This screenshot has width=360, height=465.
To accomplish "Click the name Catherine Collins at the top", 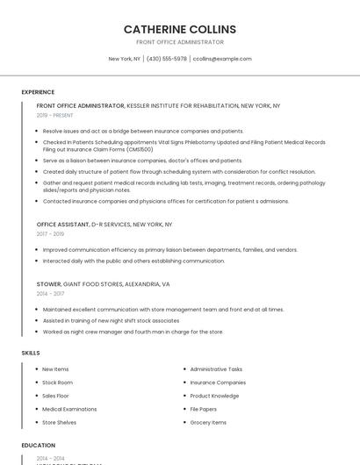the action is click(180, 29).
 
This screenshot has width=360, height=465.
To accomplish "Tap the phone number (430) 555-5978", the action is click(167, 59).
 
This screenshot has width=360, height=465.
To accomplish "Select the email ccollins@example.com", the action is click(222, 59).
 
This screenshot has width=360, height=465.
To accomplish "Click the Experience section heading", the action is click(38, 91).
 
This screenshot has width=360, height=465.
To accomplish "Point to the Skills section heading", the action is click(31, 353).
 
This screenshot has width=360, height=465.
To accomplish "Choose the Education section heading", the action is click(39, 445).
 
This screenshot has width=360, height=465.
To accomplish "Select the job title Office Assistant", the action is click(62, 225).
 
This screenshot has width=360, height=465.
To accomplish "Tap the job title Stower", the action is click(49, 284).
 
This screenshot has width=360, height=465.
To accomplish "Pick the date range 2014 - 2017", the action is click(50, 294).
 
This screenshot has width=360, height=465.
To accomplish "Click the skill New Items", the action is click(55, 369).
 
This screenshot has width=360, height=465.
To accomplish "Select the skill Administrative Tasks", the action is click(216, 369).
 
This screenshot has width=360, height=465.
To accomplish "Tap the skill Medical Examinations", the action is click(69, 409).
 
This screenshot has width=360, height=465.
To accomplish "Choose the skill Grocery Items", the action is click(208, 422).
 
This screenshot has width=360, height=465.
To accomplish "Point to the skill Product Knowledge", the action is click(214, 396).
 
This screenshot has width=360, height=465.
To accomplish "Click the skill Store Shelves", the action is click(59, 422).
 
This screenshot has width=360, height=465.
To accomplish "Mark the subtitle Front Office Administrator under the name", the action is click(180, 42).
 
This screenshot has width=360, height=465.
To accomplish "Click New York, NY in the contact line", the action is click(124, 59).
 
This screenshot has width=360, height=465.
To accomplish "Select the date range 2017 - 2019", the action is click(50, 234).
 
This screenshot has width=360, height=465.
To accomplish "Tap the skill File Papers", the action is click(203, 409).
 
